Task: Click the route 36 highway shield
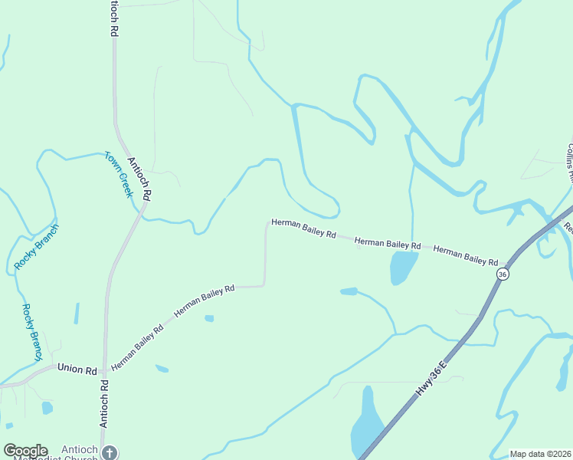pyautogui.click(x=503, y=274)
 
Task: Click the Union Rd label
pyautogui.click(x=77, y=370)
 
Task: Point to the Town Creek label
pyautogui.click(x=119, y=174)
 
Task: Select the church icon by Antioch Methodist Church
pyautogui.click(x=110, y=452)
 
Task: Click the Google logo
pyautogui.click(x=25, y=451)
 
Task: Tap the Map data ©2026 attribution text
pyautogui.click(x=540, y=454)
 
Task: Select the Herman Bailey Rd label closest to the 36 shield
pyautogui.click(x=466, y=255)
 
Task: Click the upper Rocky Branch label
pyautogui.click(x=36, y=247)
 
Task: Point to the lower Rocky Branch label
pyautogui.click(x=31, y=332)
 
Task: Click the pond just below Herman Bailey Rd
pyautogui.click(x=403, y=267)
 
